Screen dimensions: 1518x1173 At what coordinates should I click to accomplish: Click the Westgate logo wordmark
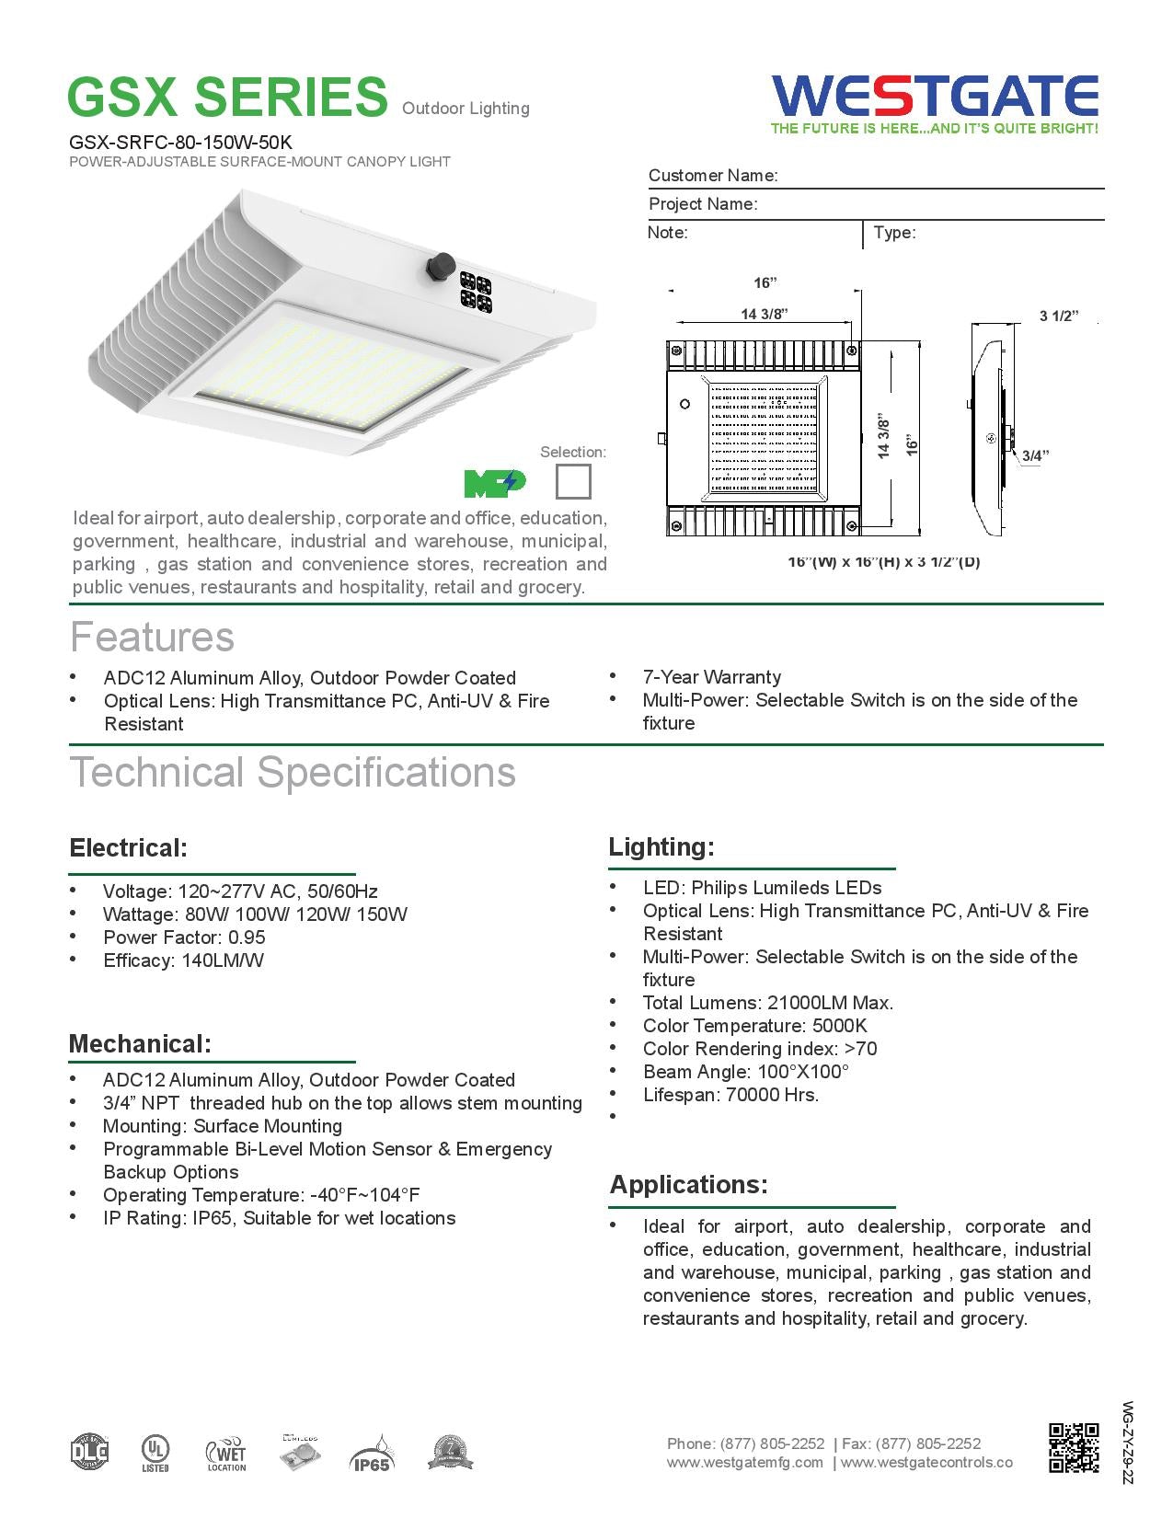(x=935, y=95)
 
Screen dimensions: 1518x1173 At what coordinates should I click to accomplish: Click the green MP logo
(x=495, y=482)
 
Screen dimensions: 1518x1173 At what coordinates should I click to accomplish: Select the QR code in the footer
(x=1074, y=1447)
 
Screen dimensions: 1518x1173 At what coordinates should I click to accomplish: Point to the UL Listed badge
(x=154, y=1454)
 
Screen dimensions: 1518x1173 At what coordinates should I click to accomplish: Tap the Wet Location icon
(x=226, y=1454)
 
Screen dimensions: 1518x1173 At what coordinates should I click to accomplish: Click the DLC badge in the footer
(x=89, y=1453)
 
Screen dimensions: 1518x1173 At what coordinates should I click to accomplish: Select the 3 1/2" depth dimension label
(x=1058, y=316)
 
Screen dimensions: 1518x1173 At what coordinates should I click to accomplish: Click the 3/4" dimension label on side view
(x=1034, y=455)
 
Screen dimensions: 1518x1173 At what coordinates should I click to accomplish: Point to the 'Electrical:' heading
(x=129, y=847)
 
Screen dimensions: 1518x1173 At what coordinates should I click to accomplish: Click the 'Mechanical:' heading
(x=140, y=1044)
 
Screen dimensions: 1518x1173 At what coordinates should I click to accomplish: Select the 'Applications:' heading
(x=688, y=1184)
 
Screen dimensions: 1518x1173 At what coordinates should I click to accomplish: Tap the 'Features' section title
(x=153, y=638)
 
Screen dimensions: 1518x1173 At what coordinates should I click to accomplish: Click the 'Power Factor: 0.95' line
(x=184, y=937)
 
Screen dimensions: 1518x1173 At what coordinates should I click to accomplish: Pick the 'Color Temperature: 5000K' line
(x=754, y=1026)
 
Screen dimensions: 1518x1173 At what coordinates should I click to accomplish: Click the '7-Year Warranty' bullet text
(x=711, y=677)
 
